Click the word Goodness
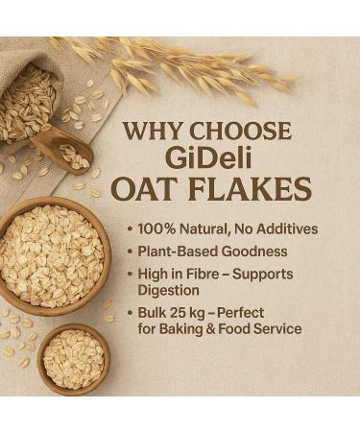[x=262, y=252]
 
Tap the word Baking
[x=197, y=330]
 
